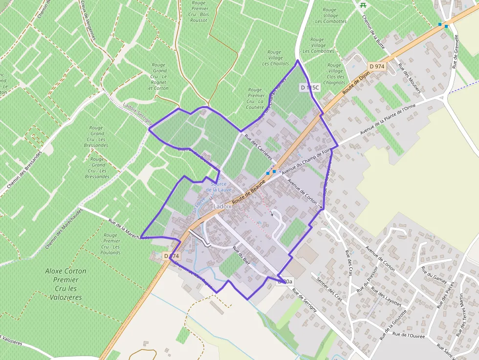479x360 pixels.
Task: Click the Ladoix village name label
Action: (x=222, y=207)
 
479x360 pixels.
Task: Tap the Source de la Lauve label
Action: (x=218, y=186)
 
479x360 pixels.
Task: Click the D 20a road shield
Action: (x=284, y=281)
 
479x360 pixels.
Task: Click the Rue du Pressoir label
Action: (x=366, y=280)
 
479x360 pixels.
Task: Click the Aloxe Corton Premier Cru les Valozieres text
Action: (x=65, y=284)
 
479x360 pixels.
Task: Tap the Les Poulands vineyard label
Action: (x=111, y=244)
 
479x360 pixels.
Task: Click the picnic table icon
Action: (x=363, y=5)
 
